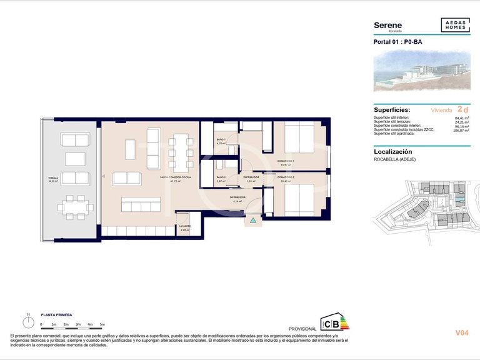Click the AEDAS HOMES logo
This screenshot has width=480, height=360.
(x=455, y=26)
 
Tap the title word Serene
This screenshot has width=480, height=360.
(x=387, y=25)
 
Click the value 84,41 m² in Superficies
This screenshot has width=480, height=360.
(x=461, y=117)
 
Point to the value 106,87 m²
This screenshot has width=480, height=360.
(x=461, y=131)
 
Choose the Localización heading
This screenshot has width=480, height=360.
(x=392, y=151)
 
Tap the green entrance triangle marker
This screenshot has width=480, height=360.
(x=253, y=221)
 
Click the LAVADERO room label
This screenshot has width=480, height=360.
(x=185, y=226)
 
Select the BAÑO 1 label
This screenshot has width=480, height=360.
(x=221, y=139)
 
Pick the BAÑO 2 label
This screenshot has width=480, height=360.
(x=221, y=177)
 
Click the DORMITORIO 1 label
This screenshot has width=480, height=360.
(x=286, y=161)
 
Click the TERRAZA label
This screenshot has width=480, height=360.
(x=53, y=178)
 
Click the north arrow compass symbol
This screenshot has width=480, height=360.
(x=28, y=322)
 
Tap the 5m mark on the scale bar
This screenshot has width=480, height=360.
(x=102, y=324)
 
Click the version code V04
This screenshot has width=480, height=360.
(x=462, y=333)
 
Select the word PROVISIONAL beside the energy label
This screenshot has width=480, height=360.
(x=302, y=329)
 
